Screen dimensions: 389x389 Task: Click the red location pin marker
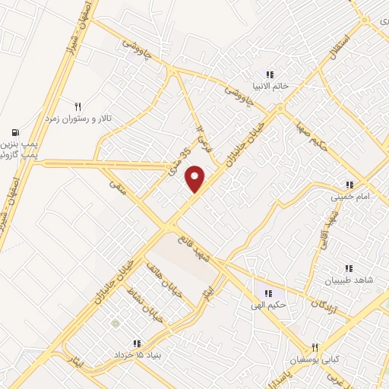pos(196,179)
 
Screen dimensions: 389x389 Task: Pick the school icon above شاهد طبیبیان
pos(349,268)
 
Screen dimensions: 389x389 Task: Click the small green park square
pos(115,324)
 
